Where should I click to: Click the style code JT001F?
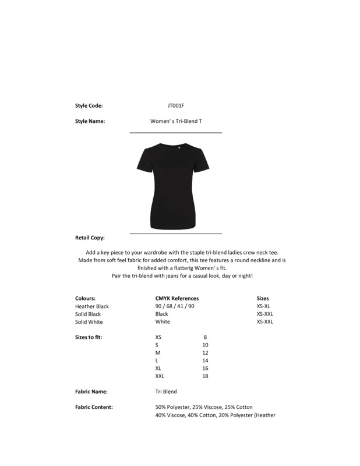click(175, 106)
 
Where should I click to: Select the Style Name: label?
click(90, 122)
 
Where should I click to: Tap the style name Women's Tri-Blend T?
click(175, 122)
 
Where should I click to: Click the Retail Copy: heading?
click(90, 238)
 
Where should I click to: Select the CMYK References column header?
click(177, 298)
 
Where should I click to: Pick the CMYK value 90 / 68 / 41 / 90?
click(175, 306)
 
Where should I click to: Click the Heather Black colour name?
click(92, 306)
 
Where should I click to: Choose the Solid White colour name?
click(89, 322)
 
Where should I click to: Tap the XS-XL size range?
click(264, 306)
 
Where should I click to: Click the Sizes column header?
click(263, 298)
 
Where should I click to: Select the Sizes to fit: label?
click(89, 337)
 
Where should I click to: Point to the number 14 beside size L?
click(205, 361)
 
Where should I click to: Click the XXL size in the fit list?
click(160, 376)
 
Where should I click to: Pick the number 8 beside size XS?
click(205, 337)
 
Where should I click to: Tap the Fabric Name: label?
click(91, 391)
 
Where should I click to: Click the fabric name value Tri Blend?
click(166, 391)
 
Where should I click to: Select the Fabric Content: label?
click(94, 407)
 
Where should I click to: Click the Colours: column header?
click(85, 298)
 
